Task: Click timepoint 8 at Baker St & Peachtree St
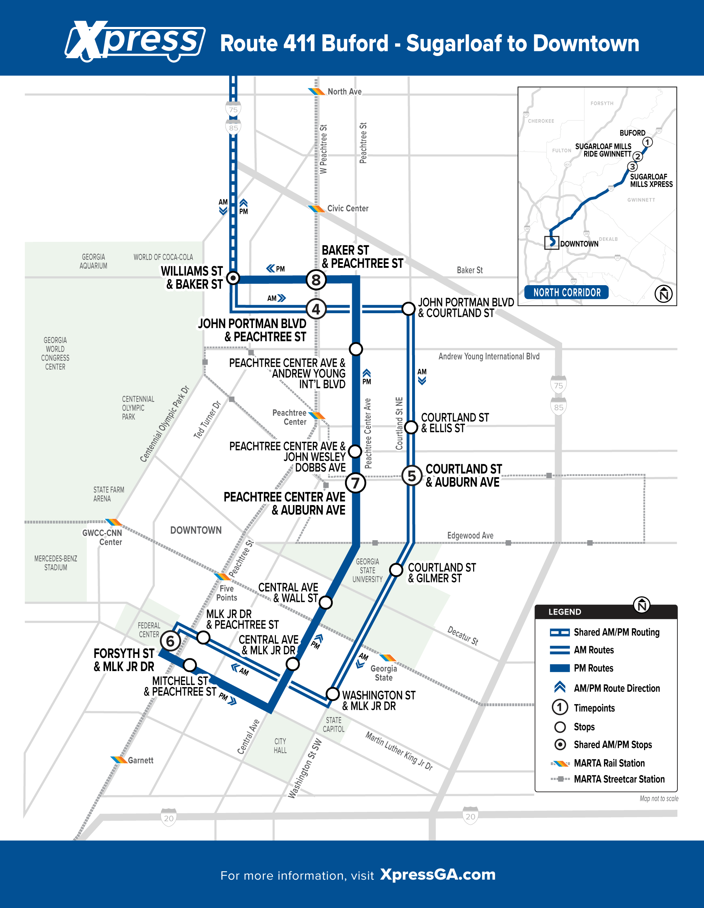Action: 316,280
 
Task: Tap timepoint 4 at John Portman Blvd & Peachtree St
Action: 316,309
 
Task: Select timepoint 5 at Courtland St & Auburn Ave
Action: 412,475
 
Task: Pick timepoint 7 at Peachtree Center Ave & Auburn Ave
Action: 355,483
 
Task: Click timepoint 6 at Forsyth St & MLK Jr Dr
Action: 170,641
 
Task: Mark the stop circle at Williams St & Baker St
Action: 233,278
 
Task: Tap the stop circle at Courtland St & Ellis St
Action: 411,427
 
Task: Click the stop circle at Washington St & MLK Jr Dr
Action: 333,693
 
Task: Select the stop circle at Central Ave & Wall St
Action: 326,602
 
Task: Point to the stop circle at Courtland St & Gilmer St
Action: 396,570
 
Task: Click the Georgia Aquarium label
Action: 94,261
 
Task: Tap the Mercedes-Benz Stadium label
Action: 56,563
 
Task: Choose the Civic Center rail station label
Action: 348,208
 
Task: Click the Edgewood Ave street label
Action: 470,536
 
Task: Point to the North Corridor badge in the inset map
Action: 566,292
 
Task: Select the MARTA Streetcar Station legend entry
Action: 608,779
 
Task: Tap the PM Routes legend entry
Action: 582,668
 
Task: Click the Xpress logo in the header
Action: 135,41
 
